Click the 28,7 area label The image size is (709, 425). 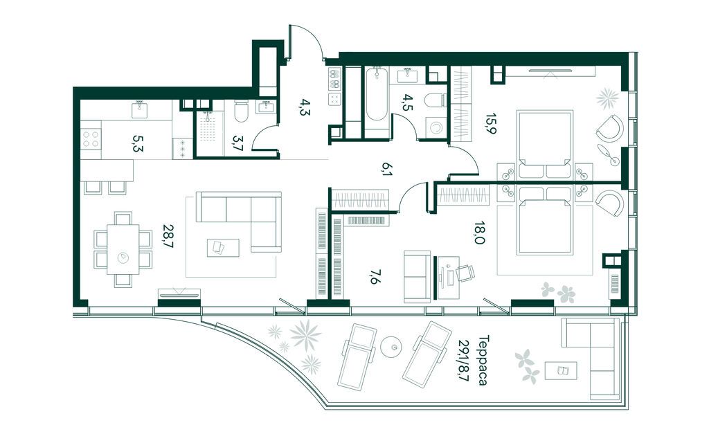(x=170, y=235)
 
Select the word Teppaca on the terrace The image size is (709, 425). (x=483, y=360)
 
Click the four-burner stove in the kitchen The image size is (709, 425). (x=91, y=139)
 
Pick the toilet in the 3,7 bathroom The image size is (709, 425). (x=240, y=111)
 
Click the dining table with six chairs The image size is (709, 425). (x=123, y=249)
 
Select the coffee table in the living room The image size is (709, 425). (x=223, y=248)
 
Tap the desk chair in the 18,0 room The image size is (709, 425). (x=465, y=273)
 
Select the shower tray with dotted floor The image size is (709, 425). (x=209, y=129)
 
